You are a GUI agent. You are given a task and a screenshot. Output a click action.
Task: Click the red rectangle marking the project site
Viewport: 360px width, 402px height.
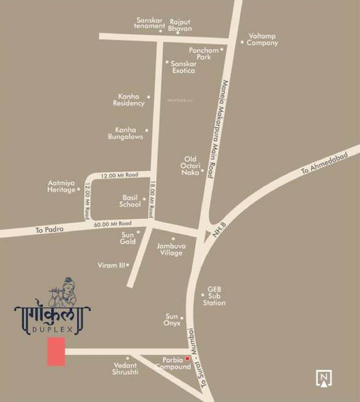pos(56,351)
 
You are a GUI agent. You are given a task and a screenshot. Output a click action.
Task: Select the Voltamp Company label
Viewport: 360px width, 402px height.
pos(263,40)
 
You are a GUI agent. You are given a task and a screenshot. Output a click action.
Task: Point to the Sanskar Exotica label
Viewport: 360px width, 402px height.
pos(184,67)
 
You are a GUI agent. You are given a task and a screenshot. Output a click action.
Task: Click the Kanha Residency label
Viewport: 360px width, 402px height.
pos(129,100)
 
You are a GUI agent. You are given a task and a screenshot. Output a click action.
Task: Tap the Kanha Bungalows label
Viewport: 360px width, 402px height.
pos(126,133)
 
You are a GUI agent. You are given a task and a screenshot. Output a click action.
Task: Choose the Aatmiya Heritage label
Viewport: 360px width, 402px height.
pos(62,186)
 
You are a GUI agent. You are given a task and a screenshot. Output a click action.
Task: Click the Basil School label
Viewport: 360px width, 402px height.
pos(130,201)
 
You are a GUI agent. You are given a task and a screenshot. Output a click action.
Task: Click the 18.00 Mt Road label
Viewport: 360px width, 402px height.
pos(151,199)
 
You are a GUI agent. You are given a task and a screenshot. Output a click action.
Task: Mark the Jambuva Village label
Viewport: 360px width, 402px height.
pos(171,249)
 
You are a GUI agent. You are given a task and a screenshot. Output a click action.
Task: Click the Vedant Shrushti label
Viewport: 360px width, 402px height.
pos(125,368)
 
